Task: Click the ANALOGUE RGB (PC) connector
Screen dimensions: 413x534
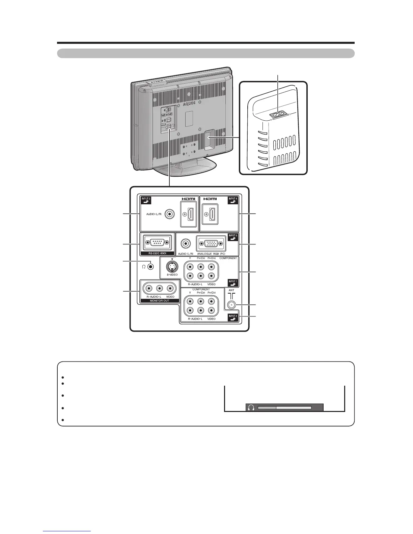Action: pyautogui.click(x=211, y=243)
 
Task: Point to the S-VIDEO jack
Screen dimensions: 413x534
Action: pyautogui.click(x=172, y=267)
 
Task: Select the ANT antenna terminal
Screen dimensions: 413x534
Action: pyautogui.click(x=231, y=305)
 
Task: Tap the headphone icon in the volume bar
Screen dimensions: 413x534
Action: pyautogui.click(x=251, y=408)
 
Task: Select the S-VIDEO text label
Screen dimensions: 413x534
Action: pyautogui.click(x=172, y=275)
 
